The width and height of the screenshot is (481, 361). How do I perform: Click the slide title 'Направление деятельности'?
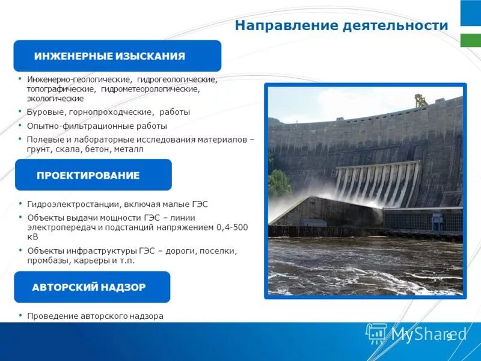(x=341, y=26)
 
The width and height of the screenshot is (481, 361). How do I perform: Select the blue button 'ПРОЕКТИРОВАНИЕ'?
(x=93, y=175)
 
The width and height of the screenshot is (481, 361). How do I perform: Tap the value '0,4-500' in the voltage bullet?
(x=233, y=227)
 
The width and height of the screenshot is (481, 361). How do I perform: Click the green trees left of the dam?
(x=279, y=183)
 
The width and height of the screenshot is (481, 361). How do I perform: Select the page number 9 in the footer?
(x=449, y=337)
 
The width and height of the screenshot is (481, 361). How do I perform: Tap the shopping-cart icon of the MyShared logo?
(x=376, y=333)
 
